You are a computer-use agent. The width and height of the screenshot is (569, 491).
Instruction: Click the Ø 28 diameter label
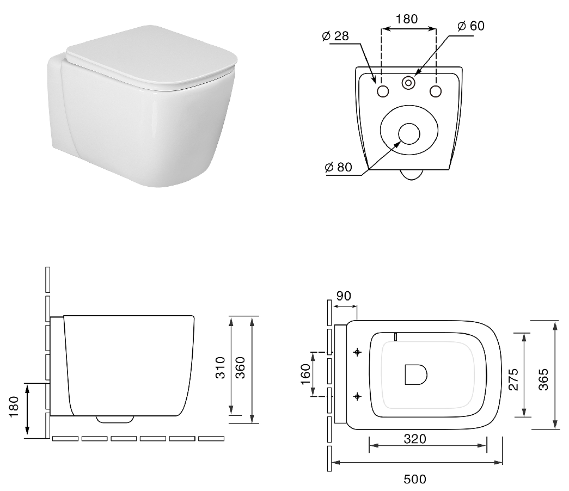[x=335, y=36]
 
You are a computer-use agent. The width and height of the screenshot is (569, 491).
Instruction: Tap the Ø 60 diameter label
[x=470, y=26]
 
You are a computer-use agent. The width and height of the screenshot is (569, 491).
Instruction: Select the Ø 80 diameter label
[x=338, y=167]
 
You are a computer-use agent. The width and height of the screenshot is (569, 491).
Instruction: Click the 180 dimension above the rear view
[x=407, y=19]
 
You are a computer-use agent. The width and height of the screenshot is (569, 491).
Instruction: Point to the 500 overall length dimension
[x=415, y=479]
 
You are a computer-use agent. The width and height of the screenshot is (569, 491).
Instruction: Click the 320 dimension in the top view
[x=415, y=439]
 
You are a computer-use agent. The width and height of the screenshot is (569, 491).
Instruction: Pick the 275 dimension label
[x=513, y=379]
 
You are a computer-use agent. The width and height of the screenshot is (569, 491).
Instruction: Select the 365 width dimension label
[x=543, y=379]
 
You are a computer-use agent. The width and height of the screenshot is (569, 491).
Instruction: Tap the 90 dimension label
[x=344, y=296]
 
